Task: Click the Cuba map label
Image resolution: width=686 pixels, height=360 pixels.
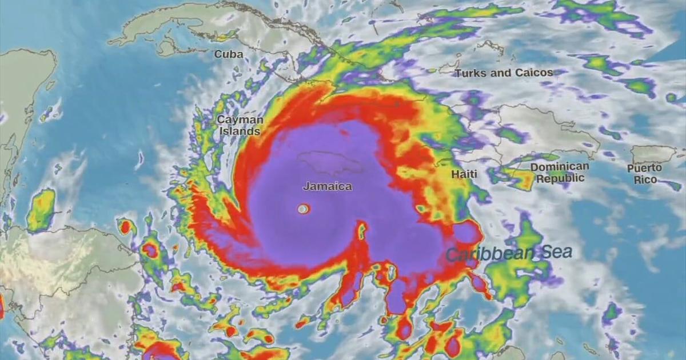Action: tap(229, 54)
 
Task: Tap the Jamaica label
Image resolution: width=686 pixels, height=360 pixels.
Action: tap(327, 186)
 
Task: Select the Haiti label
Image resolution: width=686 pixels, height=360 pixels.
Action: tap(464, 174)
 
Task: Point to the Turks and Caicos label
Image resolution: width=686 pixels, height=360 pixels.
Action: tap(504, 73)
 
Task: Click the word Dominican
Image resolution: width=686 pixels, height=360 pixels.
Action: tap(559, 167)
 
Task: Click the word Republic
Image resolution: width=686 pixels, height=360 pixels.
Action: tap(560, 178)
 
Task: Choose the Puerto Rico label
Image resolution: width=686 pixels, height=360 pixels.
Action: tap(645, 174)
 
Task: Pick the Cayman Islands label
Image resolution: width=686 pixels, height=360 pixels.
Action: tap(240, 125)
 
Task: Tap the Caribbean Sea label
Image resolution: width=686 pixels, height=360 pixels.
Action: tap(509, 253)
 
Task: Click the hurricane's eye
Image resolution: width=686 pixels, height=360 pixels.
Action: tap(302, 209)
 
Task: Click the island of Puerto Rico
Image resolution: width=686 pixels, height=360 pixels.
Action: tap(652, 153)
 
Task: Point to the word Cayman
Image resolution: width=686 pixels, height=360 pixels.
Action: tap(240, 120)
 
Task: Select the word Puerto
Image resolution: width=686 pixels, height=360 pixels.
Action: tap(645, 168)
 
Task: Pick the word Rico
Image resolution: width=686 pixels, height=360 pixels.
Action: tap(645, 179)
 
